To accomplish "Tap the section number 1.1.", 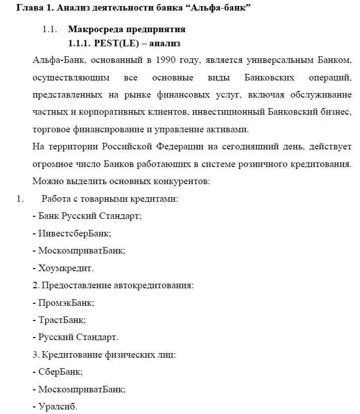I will pos(49,30).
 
